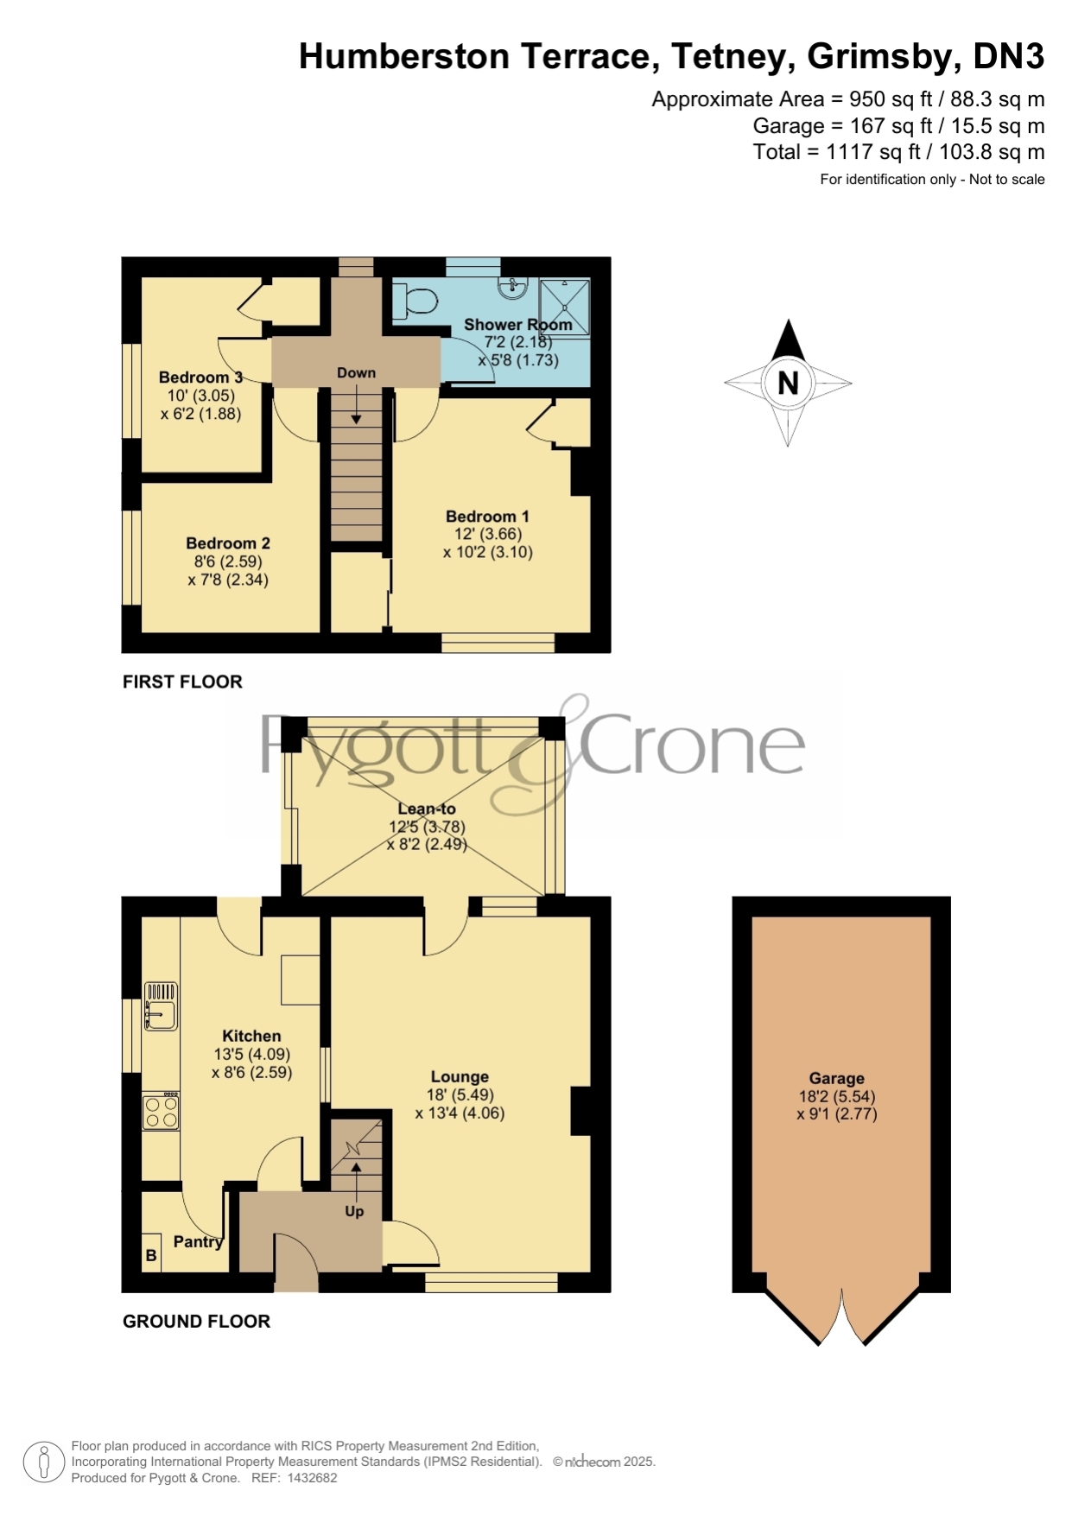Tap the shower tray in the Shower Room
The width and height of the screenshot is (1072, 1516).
tap(565, 307)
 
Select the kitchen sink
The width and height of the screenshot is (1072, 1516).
tap(161, 1006)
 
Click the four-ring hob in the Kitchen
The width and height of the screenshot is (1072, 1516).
tap(161, 1111)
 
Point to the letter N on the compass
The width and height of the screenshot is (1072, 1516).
tap(788, 383)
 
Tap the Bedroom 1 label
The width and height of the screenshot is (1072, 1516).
tap(487, 516)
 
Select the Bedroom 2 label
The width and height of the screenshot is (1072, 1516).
tap(228, 543)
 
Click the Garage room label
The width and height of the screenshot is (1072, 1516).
tap(836, 1078)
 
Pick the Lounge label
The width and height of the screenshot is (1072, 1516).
tap(460, 1077)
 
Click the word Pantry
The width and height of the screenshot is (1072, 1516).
tap(199, 1242)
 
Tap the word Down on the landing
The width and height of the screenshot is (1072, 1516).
tap(356, 373)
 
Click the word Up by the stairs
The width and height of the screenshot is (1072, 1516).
tap(354, 1212)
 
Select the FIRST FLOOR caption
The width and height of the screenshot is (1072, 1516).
tap(182, 682)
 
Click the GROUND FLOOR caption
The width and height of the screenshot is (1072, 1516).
tap(196, 1321)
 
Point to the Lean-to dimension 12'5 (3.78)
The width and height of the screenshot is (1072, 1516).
tap(427, 827)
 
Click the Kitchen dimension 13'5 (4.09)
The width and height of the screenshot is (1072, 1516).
tap(251, 1054)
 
